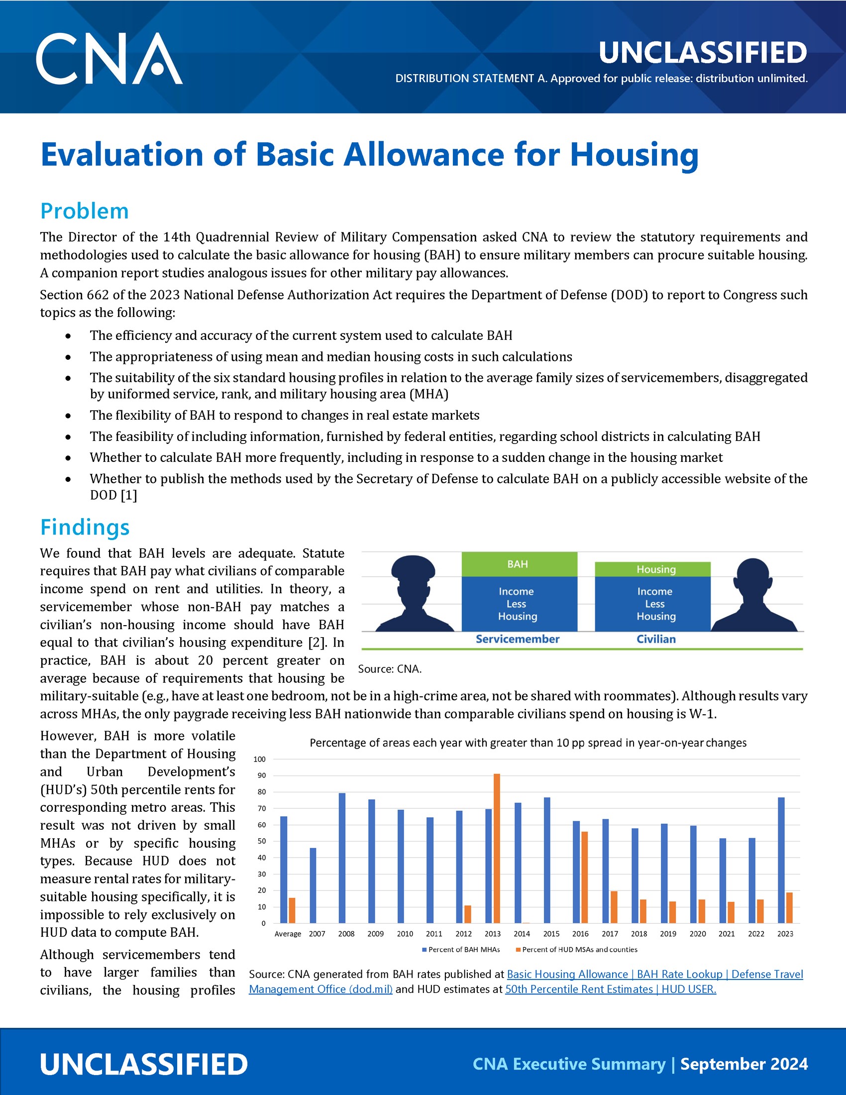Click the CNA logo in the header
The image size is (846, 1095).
point(109,59)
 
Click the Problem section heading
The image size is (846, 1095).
point(84,211)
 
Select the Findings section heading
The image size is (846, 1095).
point(85,528)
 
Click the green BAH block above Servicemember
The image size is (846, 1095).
point(519,564)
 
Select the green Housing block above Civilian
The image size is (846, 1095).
point(652,569)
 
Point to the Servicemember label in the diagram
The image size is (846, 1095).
point(517,639)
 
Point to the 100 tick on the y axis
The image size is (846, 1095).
point(259,759)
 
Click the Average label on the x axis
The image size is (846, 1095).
point(288,934)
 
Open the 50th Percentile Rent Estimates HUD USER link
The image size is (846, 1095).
point(611,989)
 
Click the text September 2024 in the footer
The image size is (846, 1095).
point(744,1064)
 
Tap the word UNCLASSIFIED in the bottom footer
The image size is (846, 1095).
point(144,1065)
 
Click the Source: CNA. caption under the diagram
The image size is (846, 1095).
point(390,669)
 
